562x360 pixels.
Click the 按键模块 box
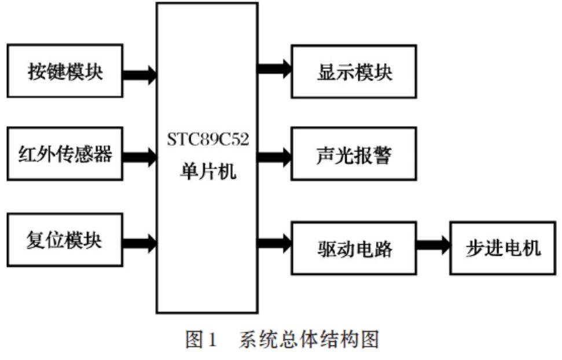point(64,71)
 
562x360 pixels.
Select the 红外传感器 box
point(64,155)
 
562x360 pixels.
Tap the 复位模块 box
point(64,240)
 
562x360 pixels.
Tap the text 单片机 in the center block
point(207,171)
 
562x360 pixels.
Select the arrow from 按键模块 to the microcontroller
point(139,74)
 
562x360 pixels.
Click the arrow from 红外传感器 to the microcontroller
point(139,155)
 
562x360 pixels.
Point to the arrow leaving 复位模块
point(139,243)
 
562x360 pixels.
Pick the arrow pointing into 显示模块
point(274,69)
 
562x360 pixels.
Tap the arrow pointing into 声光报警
point(274,155)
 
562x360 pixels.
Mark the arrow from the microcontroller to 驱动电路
point(274,243)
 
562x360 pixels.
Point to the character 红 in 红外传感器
point(27,155)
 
